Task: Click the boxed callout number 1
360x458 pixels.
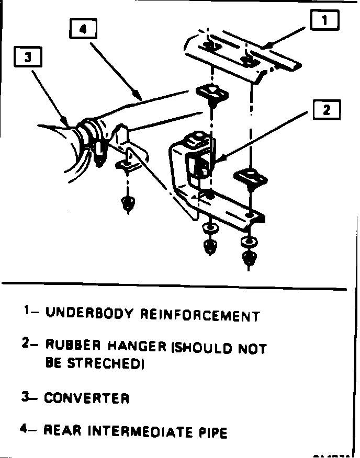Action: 325,20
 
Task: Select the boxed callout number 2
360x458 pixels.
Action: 327,110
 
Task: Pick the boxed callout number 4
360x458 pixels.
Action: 84,29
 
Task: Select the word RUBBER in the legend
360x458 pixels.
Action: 73,345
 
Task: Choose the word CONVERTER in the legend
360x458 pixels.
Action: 86,398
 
